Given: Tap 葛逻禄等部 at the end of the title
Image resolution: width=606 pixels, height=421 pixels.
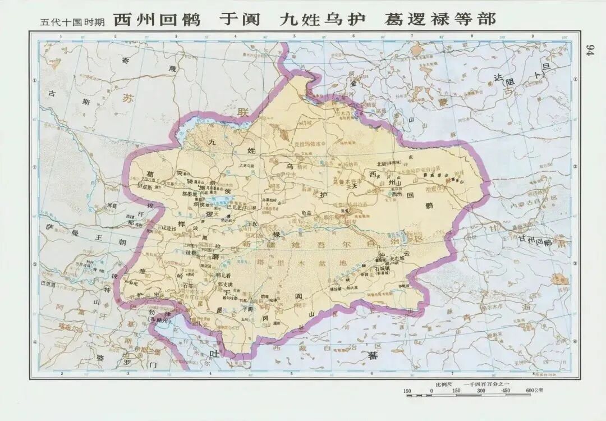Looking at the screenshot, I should [440, 20].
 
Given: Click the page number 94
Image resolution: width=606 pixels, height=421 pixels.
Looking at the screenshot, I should [589, 50].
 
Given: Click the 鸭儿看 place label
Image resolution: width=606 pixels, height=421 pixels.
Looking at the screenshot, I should [223, 276].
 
